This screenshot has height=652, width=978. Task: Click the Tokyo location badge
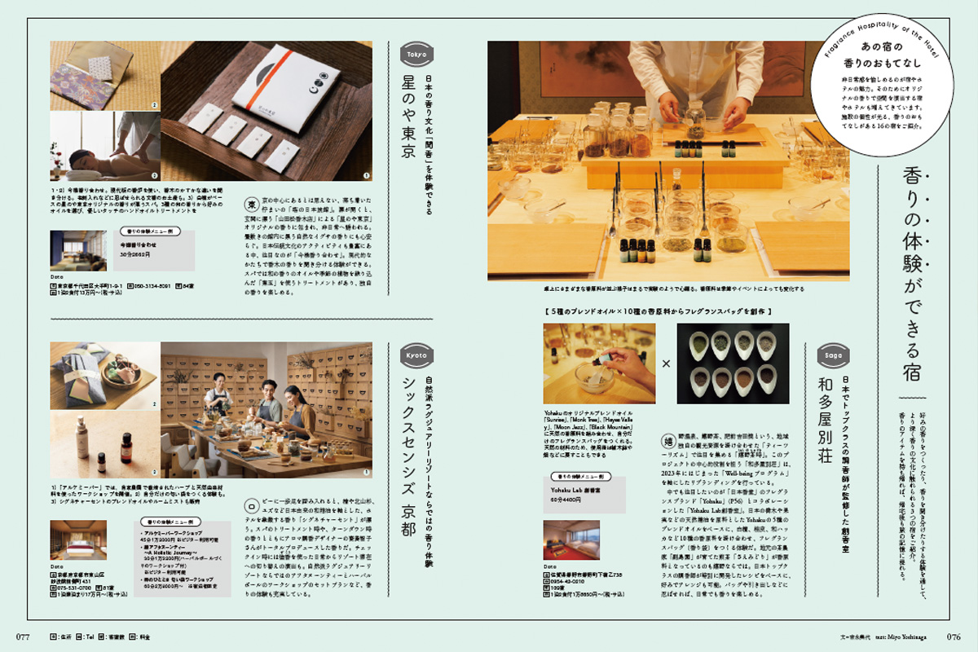click(417, 55)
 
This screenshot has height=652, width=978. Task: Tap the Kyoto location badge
click(417, 355)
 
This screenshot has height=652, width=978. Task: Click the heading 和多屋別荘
click(830, 424)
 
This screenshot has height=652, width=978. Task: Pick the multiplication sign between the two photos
click(666, 363)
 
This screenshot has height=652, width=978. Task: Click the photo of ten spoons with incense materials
click(733, 363)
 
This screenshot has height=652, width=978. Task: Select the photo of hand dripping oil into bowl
click(599, 363)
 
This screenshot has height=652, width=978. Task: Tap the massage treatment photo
click(104, 146)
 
